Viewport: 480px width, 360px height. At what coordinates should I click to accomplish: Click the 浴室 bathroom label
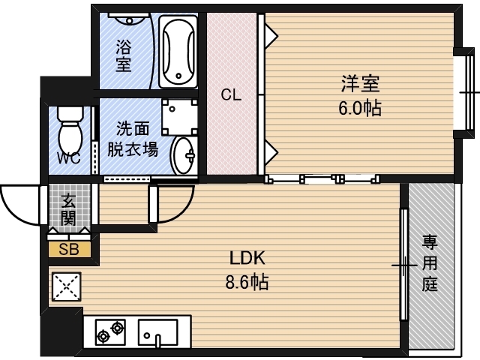(x=124, y=56)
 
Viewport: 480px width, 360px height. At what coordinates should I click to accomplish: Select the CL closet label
(x=231, y=94)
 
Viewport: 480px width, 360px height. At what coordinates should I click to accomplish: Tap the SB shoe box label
(x=69, y=249)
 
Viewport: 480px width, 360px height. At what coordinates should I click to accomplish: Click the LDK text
(x=248, y=259)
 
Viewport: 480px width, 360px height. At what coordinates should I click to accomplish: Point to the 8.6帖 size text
(x=248, y=283)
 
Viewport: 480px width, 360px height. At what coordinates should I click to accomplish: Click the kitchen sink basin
(x=158, y=331)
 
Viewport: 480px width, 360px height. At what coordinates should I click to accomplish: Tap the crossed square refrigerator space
(x=66, y=286)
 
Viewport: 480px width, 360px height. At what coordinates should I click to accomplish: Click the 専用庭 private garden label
(x=430, y=262)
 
